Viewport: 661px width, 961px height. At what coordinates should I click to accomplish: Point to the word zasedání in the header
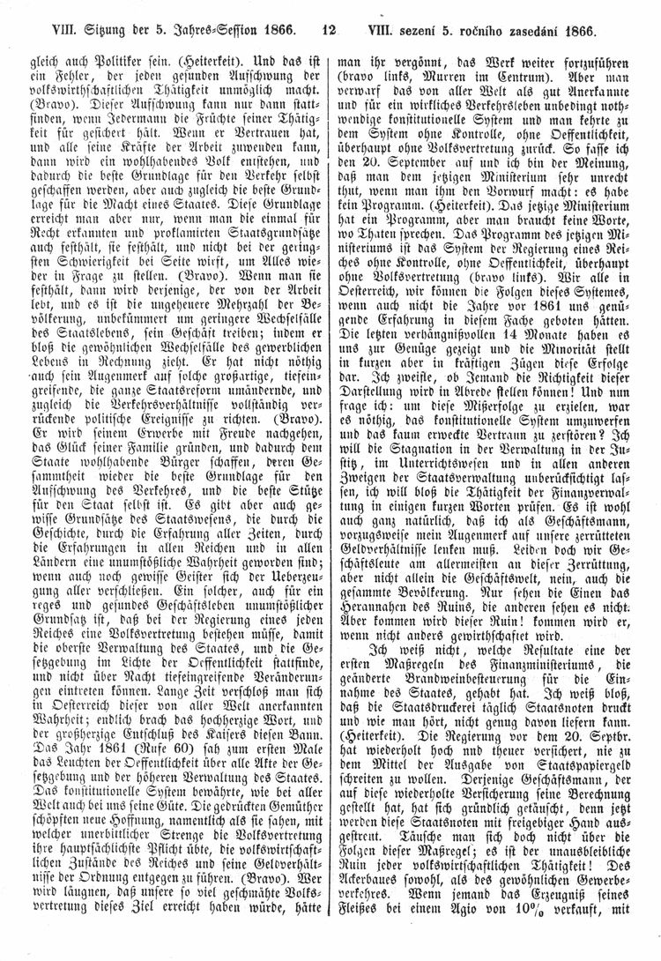[558, 29]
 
